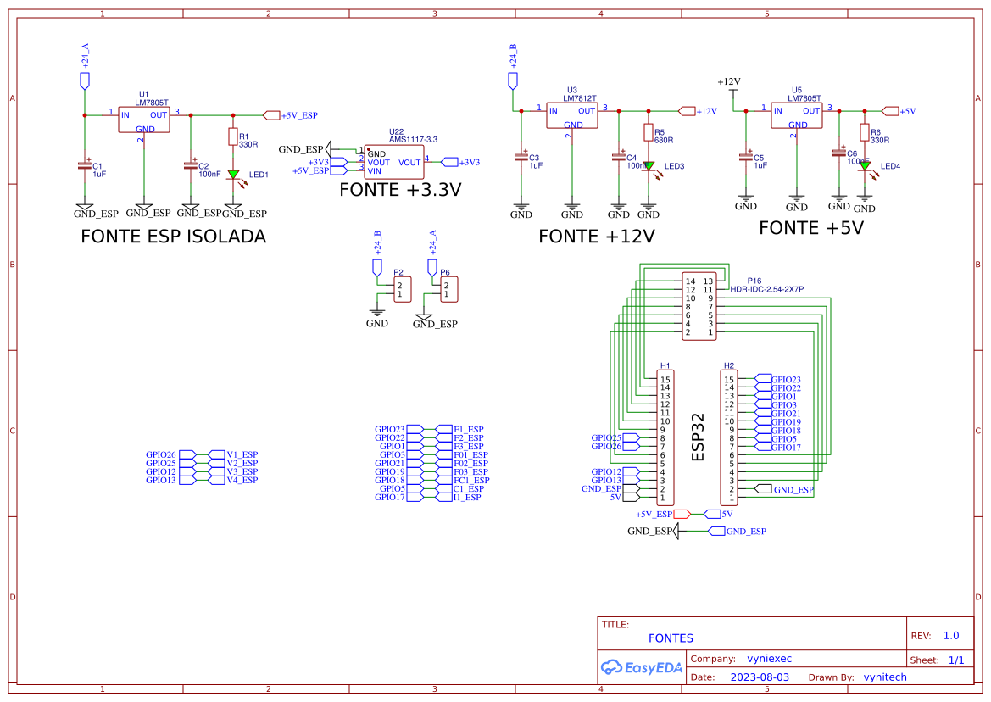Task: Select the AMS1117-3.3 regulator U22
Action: click(394, 162)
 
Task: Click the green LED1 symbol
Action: click(233, 174)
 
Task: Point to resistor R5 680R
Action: click(649, 133)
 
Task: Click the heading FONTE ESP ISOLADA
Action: click(173, 237)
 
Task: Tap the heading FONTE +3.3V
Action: click(400, 190)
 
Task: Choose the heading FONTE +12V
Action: click(597, 237)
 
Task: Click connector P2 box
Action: click(402, 290)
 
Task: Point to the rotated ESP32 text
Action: click(699, 437)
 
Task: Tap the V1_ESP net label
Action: click(242, 454)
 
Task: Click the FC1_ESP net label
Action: click(471, 481)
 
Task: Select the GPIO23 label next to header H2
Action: click(785, 380)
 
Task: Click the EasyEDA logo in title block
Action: click(641, 667)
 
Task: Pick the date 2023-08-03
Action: click(760, 677)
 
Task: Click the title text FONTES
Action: click(671, 638)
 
